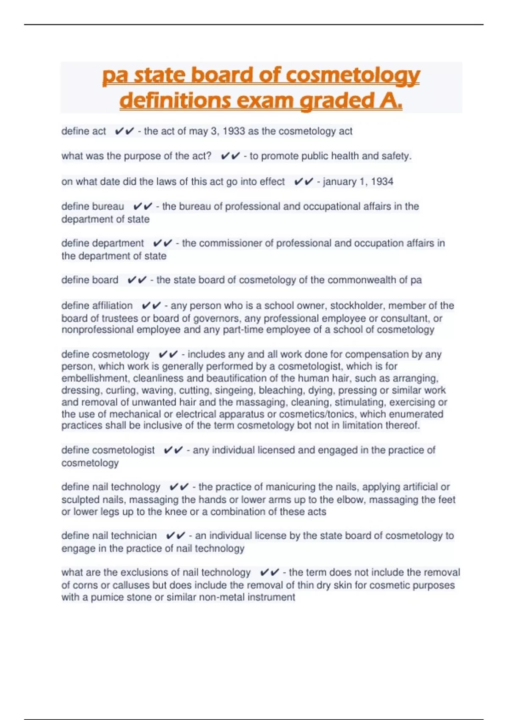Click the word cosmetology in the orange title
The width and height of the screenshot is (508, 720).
(353, 76)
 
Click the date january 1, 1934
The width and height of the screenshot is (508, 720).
(358, 182)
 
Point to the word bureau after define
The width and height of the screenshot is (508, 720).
(108, 207)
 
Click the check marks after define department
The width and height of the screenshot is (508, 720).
(163, 244)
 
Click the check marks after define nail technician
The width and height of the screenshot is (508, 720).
(176, 536)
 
